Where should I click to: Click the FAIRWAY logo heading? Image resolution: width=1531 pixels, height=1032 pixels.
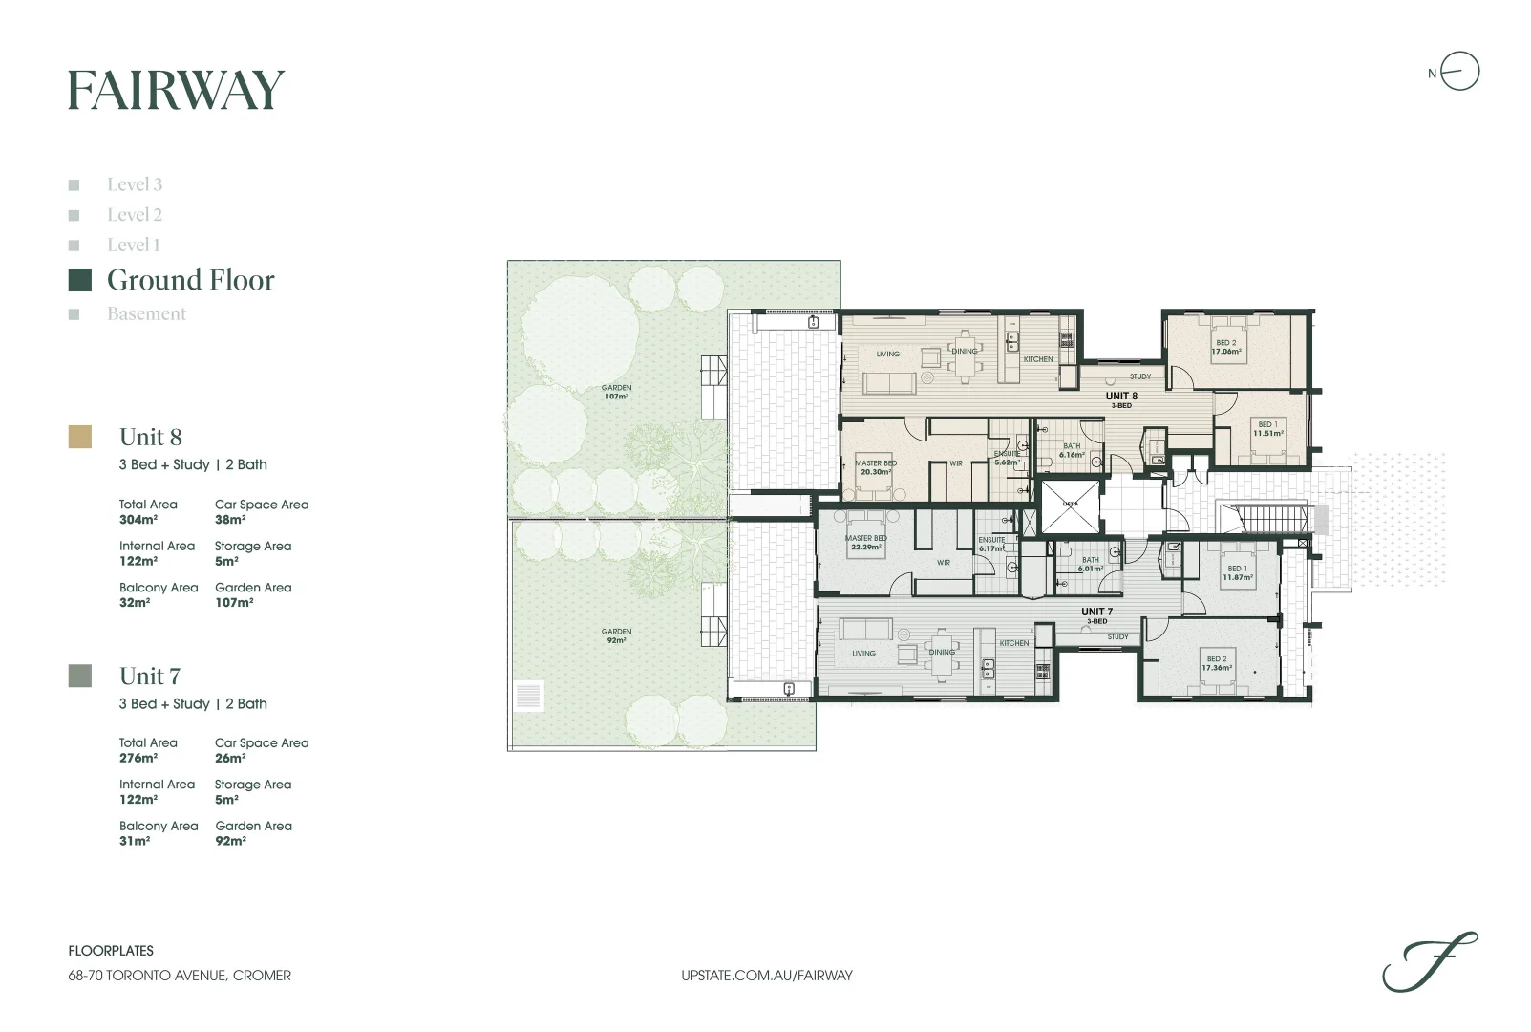(176, 91)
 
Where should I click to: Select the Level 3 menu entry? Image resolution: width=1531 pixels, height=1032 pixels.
(134, 184)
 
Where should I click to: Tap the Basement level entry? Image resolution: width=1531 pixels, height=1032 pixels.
(146, 313)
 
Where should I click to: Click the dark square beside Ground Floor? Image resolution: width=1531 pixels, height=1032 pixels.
(80, 280)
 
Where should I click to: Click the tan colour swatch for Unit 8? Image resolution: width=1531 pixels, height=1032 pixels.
(80, 437)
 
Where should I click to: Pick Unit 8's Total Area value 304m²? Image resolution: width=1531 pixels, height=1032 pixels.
(138, 520)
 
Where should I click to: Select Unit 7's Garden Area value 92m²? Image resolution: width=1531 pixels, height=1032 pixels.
(230, 841)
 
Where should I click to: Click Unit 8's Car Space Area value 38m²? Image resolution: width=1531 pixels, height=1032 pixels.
(230, 520)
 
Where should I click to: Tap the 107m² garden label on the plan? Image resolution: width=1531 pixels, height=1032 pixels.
(616, 392)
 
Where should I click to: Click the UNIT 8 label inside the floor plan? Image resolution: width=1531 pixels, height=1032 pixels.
(1121, 396)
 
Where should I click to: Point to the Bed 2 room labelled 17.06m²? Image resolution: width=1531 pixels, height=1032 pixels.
(1225, 347)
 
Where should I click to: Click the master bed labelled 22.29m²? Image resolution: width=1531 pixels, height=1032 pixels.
(865, 542)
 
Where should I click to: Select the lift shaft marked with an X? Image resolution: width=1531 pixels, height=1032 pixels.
(1070, 506)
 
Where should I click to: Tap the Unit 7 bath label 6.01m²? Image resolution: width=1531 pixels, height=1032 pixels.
(1090, 564)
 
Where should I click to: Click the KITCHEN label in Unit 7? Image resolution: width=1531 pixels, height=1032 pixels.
(1014, 643)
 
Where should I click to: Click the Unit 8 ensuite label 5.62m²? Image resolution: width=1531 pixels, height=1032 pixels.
(1007, 458)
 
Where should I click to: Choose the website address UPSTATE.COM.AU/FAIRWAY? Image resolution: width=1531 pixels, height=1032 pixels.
(766, 976)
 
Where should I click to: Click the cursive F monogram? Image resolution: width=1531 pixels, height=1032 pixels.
(1429, 962)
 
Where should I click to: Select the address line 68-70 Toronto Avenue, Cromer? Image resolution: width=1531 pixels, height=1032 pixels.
(180, 976)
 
